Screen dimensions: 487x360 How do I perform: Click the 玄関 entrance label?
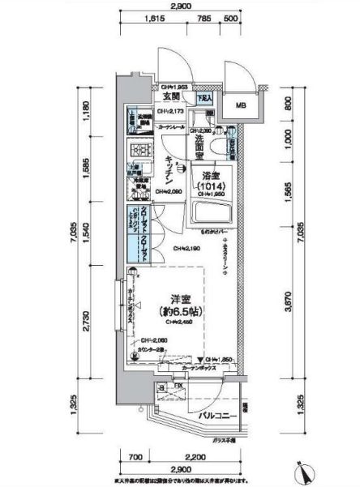[171, 96]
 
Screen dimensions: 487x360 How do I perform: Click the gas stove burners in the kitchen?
[142, 150]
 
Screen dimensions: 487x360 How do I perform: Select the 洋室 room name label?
[172, 297]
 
